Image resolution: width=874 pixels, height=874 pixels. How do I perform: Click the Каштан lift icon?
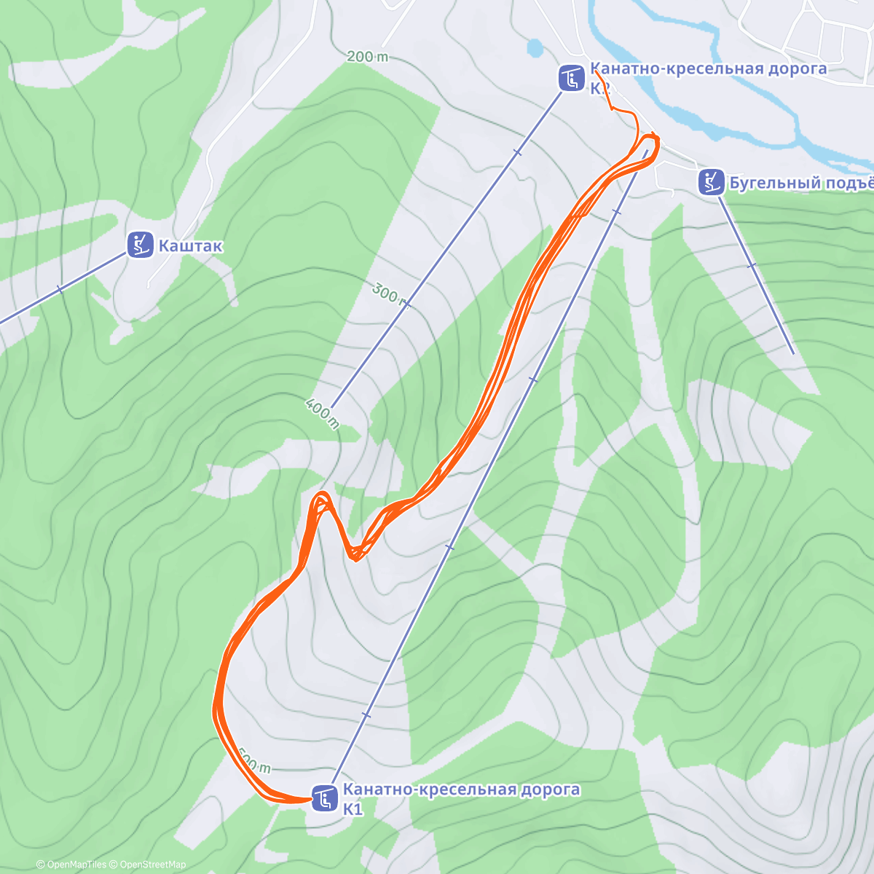pyautogui.click(x=140, y=245)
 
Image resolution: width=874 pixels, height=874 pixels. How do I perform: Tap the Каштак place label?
pyautogui.click(x=190, y=246)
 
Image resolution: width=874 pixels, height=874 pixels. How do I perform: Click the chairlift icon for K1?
pyautogui.click(x=324, y=798)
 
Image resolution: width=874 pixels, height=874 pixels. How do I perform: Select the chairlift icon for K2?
pyautogui.click(x=572, y=78)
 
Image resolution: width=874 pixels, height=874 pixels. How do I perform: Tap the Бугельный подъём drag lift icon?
pyautogui.click(x=710, y=182)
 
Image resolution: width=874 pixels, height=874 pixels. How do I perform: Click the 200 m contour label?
pyautogui.click(x=368, y=57)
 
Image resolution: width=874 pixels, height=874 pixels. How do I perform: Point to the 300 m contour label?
pyautogui.click(x=387, y=294)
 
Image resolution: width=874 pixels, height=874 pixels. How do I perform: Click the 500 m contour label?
pyautogui.click(x=254, y=765)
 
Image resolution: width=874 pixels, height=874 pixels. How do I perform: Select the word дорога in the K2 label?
pyautogui.click(x=793, y=69)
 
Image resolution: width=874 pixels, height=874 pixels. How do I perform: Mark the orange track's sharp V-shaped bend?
pyautogui.click(x=355, y=557)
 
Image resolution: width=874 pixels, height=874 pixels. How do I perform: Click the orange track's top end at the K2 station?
pyautogui.click(x=595, y=71)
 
